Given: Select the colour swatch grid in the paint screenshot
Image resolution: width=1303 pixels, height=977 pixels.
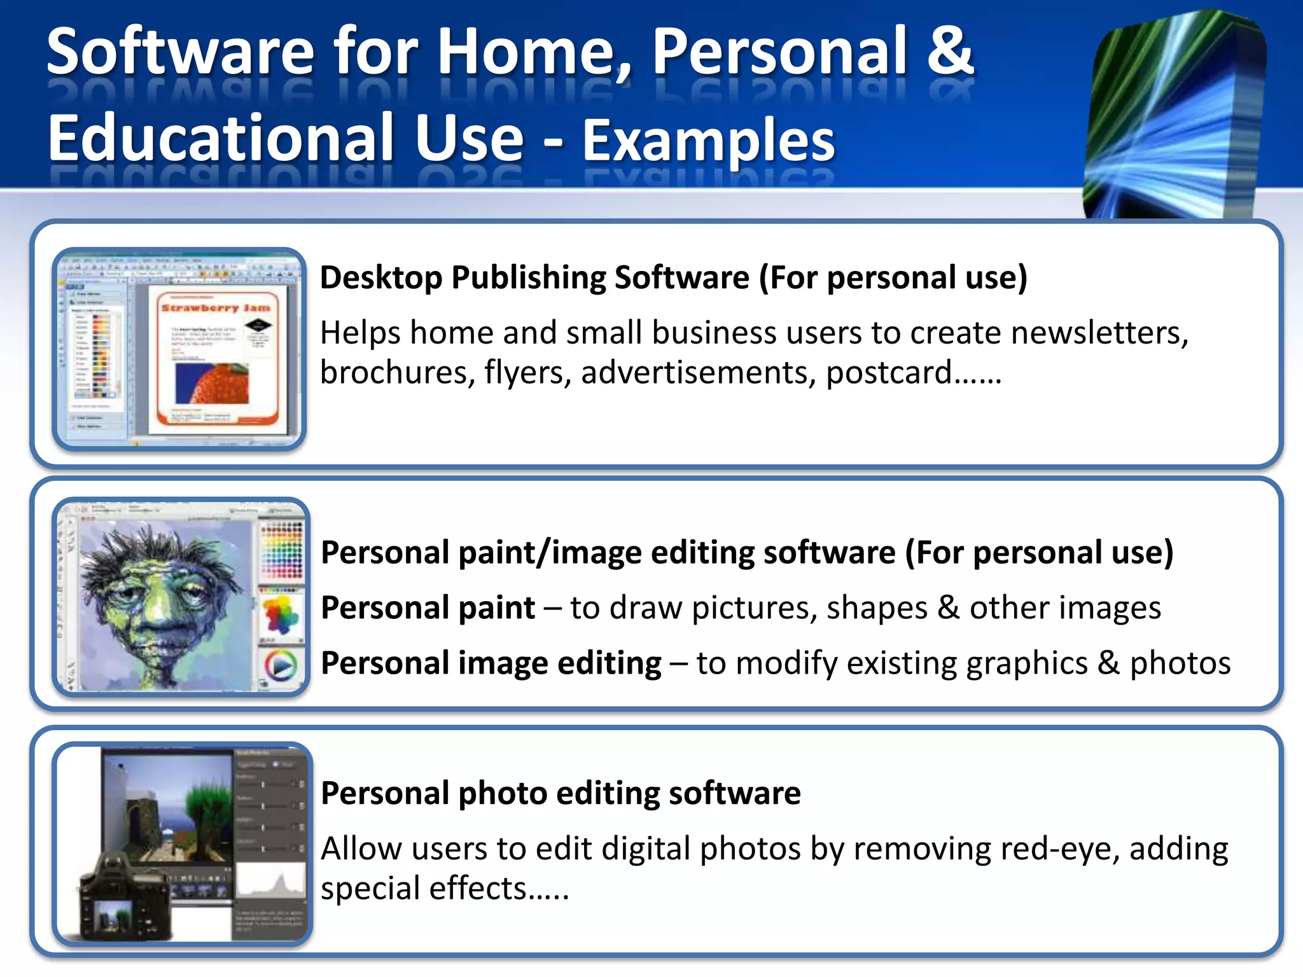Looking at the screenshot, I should tap(282, 550).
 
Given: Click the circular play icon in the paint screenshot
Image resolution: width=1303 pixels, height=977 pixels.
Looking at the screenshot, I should tap(281, 666).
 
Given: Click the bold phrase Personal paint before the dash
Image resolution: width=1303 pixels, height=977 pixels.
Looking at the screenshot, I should tap(428, 608).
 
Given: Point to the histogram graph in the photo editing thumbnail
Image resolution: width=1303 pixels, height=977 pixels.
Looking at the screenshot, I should tap(271, 885).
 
